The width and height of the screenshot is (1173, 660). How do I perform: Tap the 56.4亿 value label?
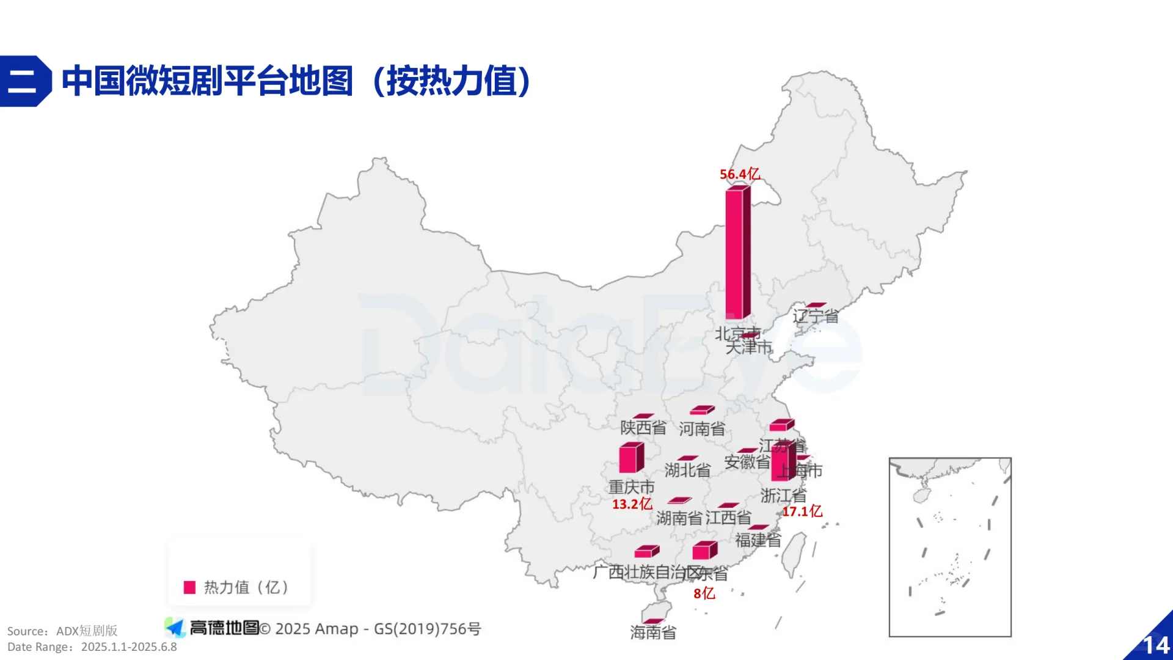[740, 174]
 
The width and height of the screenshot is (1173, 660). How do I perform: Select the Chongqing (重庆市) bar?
[631, 458]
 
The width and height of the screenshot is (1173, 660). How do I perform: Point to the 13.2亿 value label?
[632, 504]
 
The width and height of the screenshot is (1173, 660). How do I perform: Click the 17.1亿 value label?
[802, 511]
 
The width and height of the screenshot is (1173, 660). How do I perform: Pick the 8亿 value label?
[704, 593]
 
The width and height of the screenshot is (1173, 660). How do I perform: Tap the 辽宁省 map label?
[816, 316]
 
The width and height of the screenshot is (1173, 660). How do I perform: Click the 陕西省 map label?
[643, 428]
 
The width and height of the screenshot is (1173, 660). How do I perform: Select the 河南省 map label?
[701, 429]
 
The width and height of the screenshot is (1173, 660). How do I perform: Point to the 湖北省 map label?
[687, 470]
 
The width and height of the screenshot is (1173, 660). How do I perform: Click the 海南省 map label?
[653, 632]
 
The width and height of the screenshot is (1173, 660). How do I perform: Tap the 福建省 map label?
[758, 540]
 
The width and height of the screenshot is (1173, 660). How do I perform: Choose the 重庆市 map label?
[631, 487]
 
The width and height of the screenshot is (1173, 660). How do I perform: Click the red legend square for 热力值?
[189, 587]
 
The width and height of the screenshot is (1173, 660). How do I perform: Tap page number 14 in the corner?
[1156, 645]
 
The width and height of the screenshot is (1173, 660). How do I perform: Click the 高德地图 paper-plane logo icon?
[175, 628]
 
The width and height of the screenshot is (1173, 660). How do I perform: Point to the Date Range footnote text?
[92, 647]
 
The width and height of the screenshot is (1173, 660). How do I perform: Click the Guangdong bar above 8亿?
[704, 551]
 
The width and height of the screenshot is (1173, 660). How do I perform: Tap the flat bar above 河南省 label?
[702, 410]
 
